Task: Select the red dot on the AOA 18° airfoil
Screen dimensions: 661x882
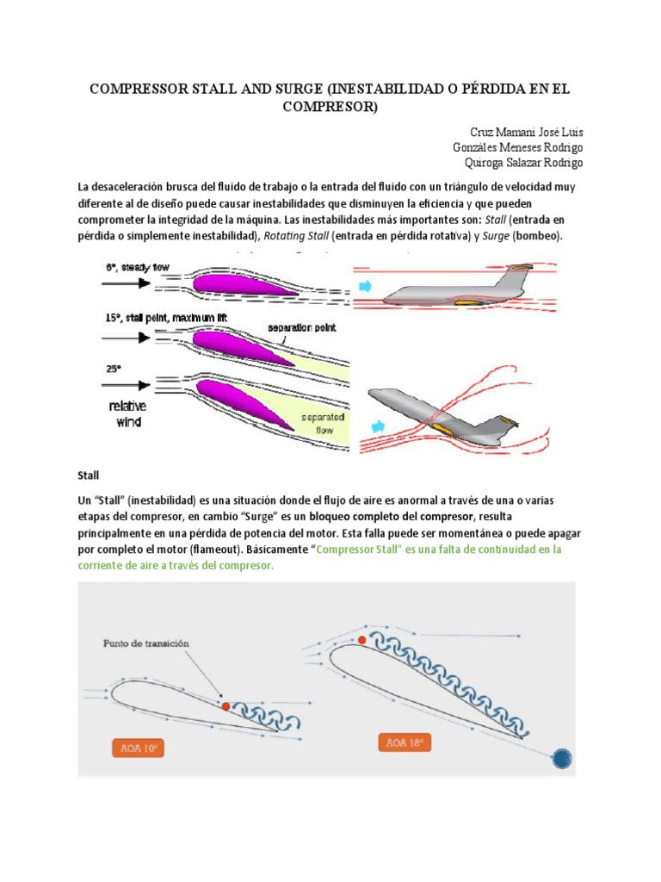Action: (361, 640)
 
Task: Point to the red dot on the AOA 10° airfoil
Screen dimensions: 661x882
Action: (225, 705)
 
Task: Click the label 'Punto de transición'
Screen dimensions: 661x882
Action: (145, 643)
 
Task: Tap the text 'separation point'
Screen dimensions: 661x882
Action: (301, 327)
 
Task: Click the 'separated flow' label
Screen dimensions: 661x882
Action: (322, 422)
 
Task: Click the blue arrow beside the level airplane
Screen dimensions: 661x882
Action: (364, 285)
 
